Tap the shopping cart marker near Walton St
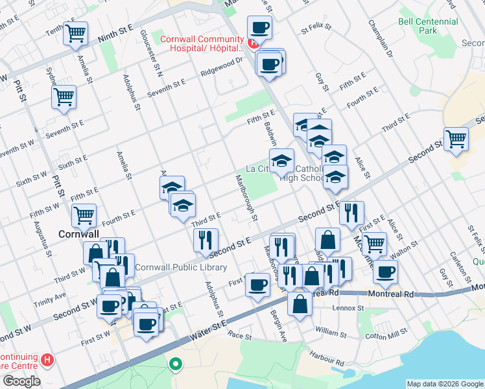point(374,244)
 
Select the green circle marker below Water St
point(174,364)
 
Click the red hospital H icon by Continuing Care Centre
point(47,359)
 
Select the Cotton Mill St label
point(384,336)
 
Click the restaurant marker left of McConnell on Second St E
point(351,212)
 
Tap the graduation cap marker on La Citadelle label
point(281,160)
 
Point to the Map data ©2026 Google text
point(444,383)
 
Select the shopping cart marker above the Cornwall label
point(84,215)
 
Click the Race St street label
point(239,336)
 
